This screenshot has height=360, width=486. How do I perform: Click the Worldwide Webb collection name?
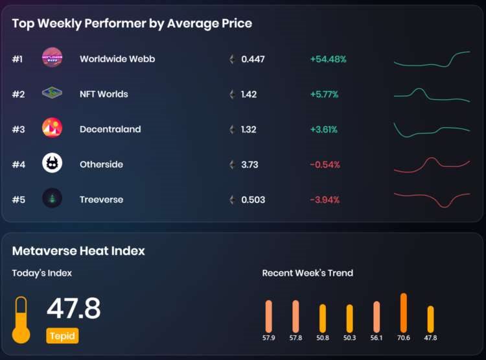[x=117, y=59]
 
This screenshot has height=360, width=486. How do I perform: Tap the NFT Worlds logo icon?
[x=52, y=93]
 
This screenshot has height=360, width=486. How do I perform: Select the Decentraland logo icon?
[x=52, y=128]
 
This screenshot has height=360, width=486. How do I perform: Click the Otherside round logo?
[x=52, y=163]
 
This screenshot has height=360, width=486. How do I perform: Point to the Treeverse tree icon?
[x=52, y=198]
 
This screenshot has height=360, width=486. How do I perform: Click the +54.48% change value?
[x=328, y=59]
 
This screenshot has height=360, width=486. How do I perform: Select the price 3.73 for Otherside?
[x=249, y=164]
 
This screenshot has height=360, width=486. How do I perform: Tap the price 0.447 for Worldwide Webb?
[x=253, y=59]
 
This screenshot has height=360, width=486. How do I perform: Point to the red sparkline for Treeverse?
[x=432, y=198]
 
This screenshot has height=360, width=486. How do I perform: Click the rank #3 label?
[x=18, y=129]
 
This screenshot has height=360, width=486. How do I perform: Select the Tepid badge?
[x=62, y=336]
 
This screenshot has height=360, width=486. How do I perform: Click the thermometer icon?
[x=21, y=320]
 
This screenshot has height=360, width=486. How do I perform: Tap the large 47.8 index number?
[x=73, y=309]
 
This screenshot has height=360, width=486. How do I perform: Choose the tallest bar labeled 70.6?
[x=404, y=313]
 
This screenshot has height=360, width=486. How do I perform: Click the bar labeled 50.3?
[x=350, y=318]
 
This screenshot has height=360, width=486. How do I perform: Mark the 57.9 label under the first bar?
[x=268, y=338]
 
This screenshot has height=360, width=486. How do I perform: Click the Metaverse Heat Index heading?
[x=78, y=250]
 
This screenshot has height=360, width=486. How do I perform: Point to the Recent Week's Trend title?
[x=307, y=273]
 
